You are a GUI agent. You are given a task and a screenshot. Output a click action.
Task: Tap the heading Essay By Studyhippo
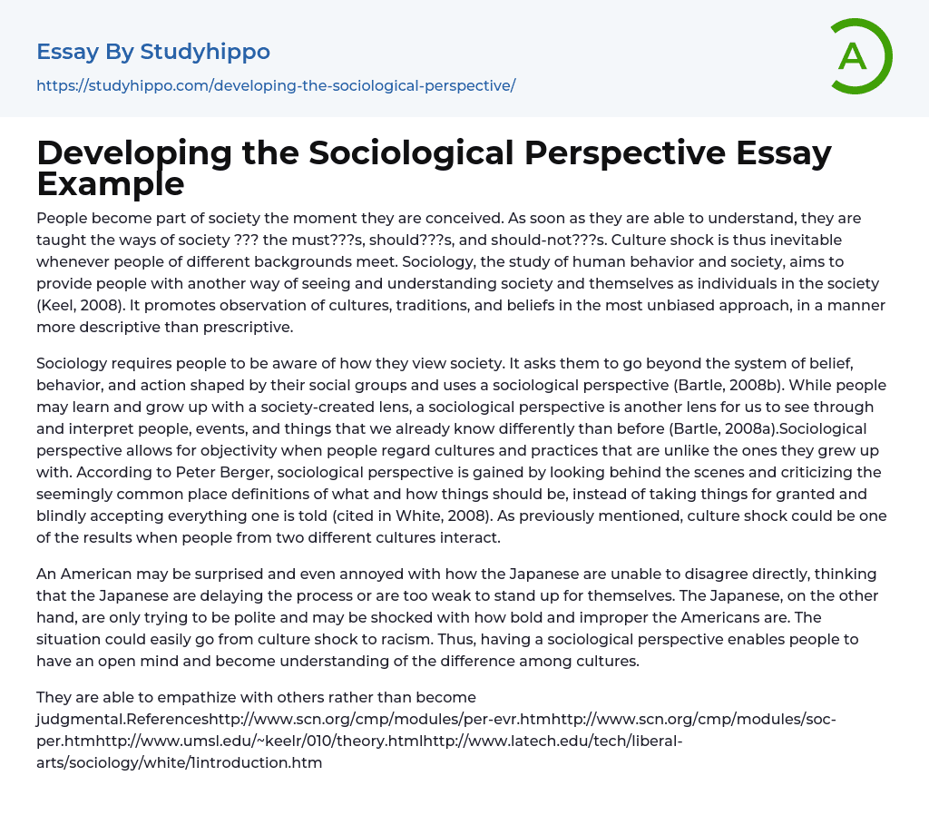point(153,52)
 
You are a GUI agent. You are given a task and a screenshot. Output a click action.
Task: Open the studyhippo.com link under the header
point(276,85)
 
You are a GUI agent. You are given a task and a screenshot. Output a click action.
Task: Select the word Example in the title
point(111,183)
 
